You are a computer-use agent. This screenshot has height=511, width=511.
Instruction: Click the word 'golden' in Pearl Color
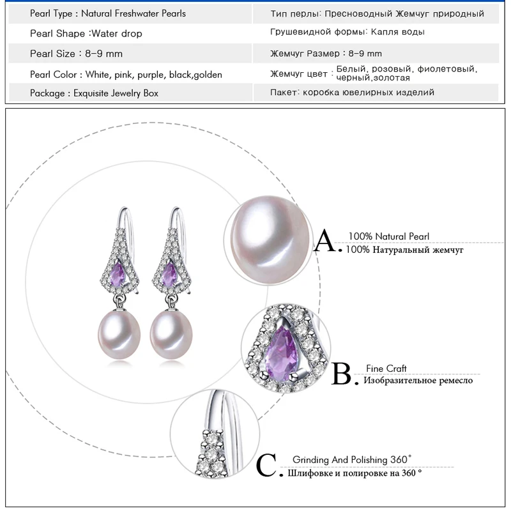208,75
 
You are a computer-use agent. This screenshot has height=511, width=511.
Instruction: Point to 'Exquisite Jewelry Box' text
116,93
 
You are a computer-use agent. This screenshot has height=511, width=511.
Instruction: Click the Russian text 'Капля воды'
397,32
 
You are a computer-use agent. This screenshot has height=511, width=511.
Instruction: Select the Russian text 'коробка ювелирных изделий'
369,93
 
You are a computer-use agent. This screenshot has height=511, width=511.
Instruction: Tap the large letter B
341,374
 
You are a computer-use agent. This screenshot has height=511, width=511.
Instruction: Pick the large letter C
266,465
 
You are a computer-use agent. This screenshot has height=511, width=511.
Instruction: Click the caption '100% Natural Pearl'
389,236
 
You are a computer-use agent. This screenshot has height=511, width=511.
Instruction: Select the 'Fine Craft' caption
386,369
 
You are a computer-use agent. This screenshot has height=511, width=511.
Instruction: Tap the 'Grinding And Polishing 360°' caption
352,459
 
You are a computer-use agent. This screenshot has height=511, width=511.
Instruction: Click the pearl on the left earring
119,334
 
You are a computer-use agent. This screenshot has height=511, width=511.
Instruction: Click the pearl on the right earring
171,334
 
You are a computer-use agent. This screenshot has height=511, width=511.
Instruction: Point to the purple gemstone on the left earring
118,274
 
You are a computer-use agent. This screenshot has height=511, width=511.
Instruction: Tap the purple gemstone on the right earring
169,274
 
